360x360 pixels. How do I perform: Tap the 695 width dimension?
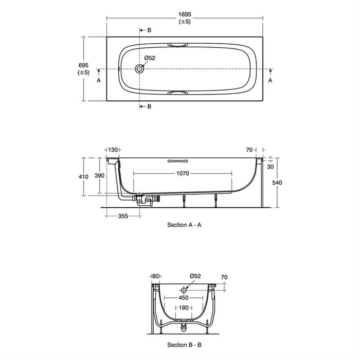click(83, 65)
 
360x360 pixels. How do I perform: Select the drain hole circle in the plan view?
click(139, 69)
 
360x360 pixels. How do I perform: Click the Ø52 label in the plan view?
click(149, 58)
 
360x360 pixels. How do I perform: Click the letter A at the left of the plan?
click(98, 81)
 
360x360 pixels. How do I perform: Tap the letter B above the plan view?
click(149, 30)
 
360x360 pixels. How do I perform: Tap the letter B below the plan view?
click(149, 106)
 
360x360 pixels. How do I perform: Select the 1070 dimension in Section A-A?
click(183, 173)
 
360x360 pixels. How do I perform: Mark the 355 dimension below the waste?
click(123, 217)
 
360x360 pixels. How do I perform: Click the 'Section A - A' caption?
click(188, 225)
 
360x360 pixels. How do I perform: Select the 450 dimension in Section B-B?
click(184, 297)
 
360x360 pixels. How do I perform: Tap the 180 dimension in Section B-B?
click(184, 308)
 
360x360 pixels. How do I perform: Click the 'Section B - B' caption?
click(188, 345)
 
